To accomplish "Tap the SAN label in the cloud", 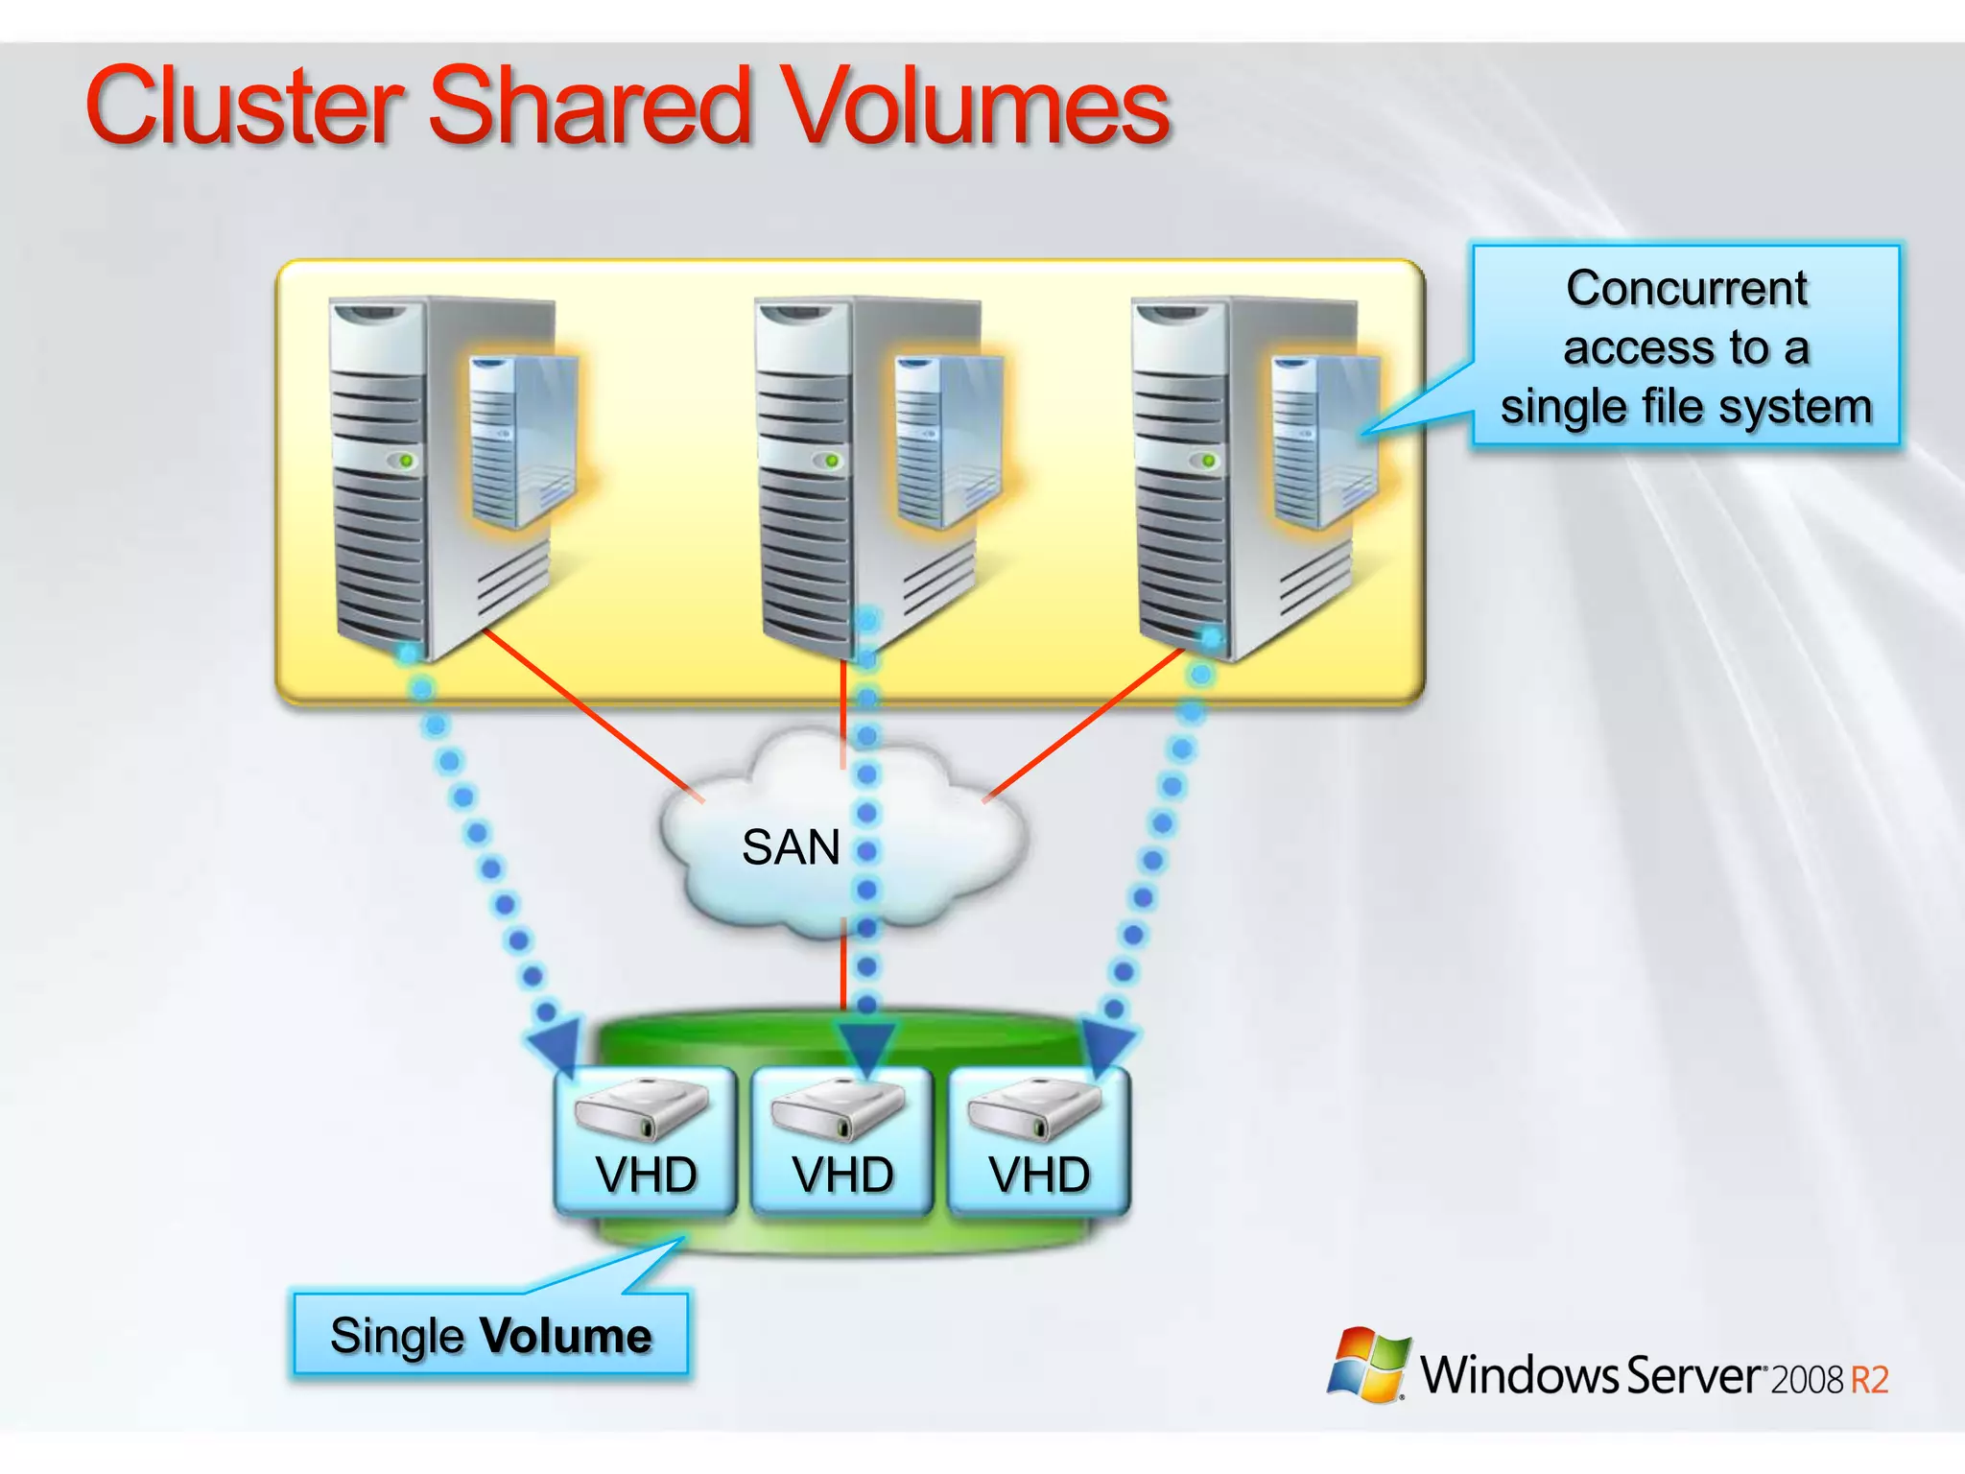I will (x=791, y=847).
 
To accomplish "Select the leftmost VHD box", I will (x=646, y=1142).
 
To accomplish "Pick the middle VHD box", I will (x=842, y=1142).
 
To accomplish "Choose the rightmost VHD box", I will (x=1039, y=1142).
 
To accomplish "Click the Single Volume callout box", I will (x=490, y=1335).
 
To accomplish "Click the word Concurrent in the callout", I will (x=1686, y=288).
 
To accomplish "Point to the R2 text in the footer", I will (x=1869, y=1380).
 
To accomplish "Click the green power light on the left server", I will (x=407, y=462).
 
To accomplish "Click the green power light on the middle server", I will (x=832, y=462).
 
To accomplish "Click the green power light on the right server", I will (x=1209, y=462).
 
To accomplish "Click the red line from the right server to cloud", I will (x=1084, y=725).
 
